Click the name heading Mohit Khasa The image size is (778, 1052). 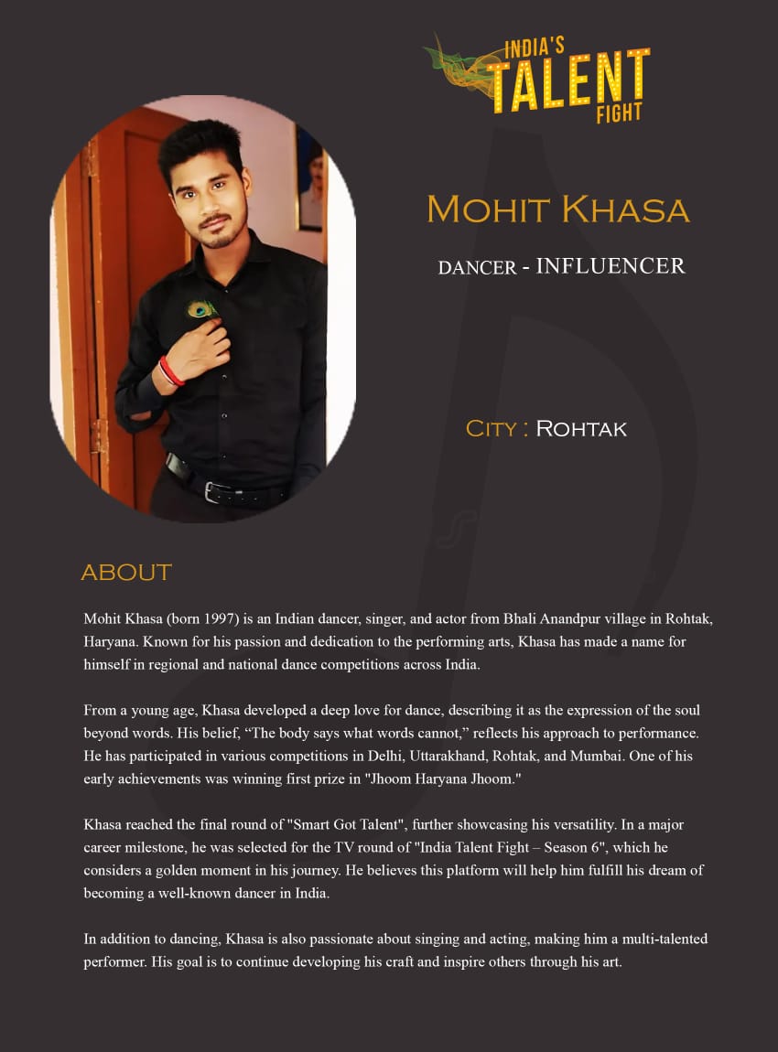[557, 209]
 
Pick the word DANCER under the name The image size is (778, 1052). [477, 268]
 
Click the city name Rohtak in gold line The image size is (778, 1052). [581, 428]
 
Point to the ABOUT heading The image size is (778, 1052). [126, 573]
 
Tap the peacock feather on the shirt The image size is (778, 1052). [201, 309]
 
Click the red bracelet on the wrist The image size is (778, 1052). [171, 371]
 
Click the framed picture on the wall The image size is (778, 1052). [309, 178]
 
